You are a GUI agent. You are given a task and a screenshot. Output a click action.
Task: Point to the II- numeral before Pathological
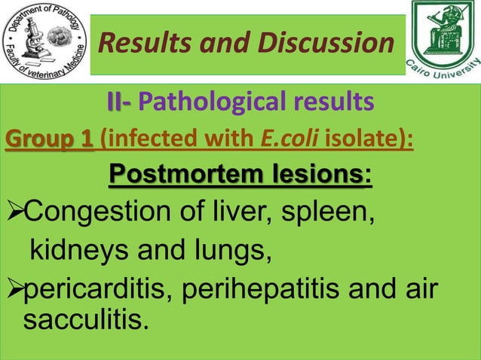pyautogui.click(x=119, y=100)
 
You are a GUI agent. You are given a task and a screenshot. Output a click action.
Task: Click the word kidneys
pyautogui.click(x=78, y=255)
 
